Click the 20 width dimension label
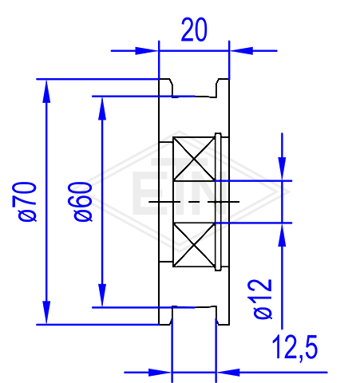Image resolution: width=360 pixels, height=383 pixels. pyautogui.click(x=194, y=30)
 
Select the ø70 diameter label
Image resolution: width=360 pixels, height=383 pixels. pyautogui.click(x=24, y=202)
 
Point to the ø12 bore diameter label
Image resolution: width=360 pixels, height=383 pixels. pyautogui.click(x=263, y=299)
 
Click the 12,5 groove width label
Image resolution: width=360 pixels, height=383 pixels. pyautogui.click(x=295, y=348)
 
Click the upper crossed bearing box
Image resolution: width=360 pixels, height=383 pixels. pyautogui.click(x=194, y=159)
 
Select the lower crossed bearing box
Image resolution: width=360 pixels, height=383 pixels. pyautogui.click(x=194, y=245)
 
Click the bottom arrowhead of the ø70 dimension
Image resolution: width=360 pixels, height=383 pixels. pyautogui.click(x=46, y=313)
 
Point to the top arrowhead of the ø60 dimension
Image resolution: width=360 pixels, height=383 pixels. pyautogui.click(x=102, y=109)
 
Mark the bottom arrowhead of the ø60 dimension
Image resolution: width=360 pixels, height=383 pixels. pyautogui.click(x=102, y=295)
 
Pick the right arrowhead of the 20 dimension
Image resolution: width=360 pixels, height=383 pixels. pyautogui.click(x=241, y=50)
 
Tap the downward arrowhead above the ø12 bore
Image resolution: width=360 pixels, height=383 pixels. pyautogui.click(x=283, y=169)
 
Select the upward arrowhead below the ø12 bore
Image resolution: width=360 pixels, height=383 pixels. pyautogui.click(x=283, y=235)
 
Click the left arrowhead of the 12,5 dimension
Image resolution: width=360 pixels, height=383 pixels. pyautogui.click(x=160, y=373)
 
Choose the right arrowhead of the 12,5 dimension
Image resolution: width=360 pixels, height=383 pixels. pyautogui.click(x=228, y=373)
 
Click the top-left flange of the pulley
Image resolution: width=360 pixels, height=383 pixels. pyautogui.click(x=165, y=88)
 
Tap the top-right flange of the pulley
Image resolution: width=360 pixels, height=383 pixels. pyautogui.click(x=223, y=88)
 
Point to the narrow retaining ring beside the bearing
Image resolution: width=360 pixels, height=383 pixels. pyautogui.click(x=218, y=202)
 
